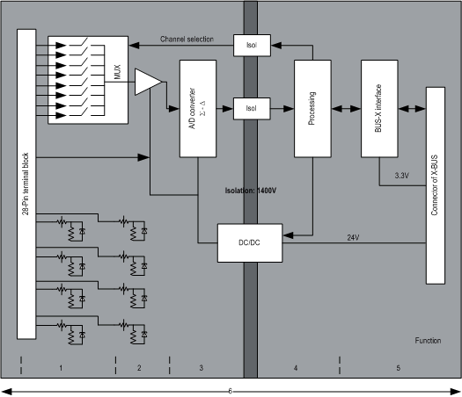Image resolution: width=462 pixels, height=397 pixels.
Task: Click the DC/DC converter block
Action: (250, 243)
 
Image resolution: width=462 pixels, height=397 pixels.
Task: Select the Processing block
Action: (312, 109)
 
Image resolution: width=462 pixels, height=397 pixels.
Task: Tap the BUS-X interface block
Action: (379, 109)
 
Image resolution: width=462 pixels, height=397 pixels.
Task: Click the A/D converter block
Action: (198, 109)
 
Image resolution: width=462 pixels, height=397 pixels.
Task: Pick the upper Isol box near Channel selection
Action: (252, 46)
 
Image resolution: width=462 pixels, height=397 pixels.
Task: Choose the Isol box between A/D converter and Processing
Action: (252, 109)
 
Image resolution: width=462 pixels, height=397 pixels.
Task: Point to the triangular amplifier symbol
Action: (148, 82)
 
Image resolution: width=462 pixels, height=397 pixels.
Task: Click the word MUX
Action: (117, 72)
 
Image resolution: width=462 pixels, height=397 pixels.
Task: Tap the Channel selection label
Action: (187, 40)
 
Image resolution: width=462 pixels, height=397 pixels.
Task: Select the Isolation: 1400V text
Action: (251, 191)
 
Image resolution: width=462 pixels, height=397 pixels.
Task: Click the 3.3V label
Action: (402, 176)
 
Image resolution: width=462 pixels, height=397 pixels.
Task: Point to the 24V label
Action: (353, 238)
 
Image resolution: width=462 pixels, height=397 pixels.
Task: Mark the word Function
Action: (428, 341)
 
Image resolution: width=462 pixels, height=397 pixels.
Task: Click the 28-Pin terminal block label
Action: (26, 184)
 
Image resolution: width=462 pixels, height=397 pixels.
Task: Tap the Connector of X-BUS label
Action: (435, 185)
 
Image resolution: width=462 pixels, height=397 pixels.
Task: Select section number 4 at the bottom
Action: (296, 368)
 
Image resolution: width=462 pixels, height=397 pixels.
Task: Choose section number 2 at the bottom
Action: (139, 368)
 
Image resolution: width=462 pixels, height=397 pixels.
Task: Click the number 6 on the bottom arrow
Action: (230, 391)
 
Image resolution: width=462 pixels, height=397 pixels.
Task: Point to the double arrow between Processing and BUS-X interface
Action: (346, 109)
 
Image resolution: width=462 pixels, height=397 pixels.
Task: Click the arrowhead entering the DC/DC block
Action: (288, 235)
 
